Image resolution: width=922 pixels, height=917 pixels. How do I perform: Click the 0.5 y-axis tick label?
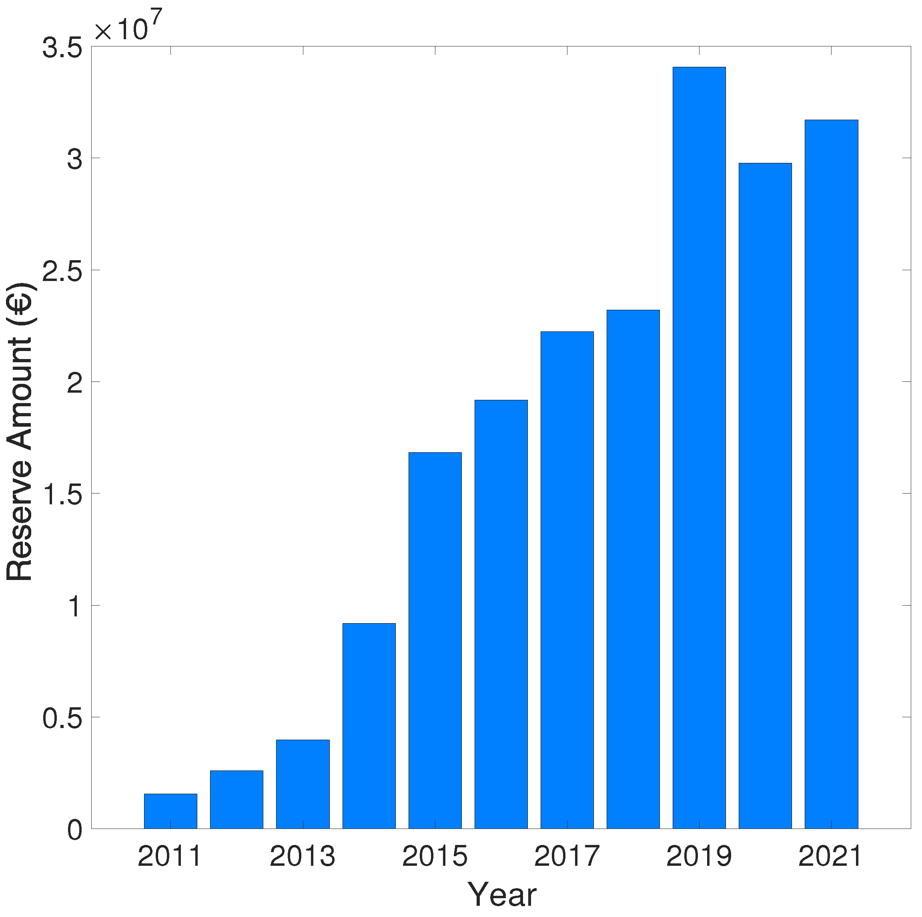click(62, 718)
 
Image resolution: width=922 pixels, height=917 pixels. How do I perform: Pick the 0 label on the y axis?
click(75, 831)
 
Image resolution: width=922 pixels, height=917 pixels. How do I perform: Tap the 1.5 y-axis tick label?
click(62, 495)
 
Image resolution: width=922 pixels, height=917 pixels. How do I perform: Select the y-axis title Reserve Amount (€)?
click(20, 432)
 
